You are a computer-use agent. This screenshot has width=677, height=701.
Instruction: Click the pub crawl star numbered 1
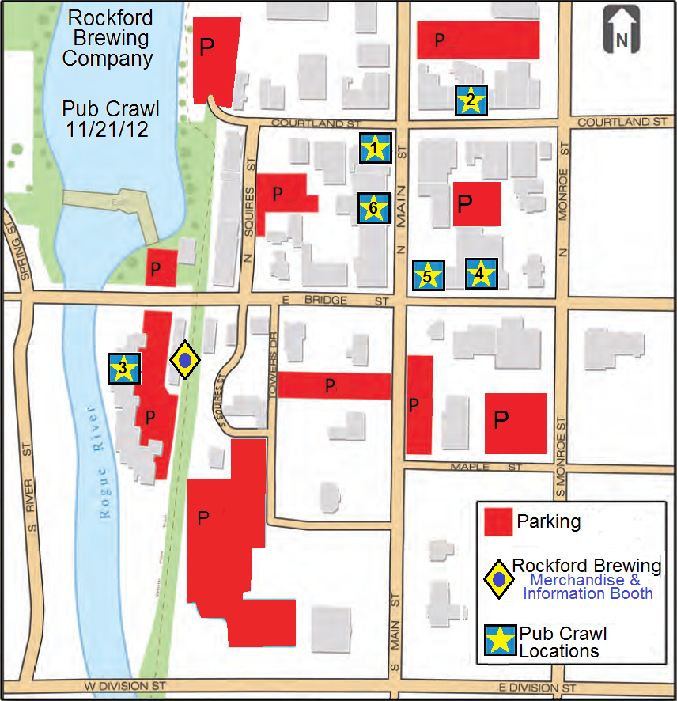[376, 148]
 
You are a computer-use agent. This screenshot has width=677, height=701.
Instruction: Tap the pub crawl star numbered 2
[471, 100]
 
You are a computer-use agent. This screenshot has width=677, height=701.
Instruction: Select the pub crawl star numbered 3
[124, 369]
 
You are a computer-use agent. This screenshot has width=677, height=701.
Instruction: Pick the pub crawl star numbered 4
[481, 274]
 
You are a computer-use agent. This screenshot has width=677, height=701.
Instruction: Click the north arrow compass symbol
[621, 31]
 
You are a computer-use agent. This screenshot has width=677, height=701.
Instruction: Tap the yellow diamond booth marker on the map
[185, 361]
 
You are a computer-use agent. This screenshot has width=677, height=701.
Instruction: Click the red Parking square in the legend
[497, 522]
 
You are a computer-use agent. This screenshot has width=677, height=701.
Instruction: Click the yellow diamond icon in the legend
[498, 580]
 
